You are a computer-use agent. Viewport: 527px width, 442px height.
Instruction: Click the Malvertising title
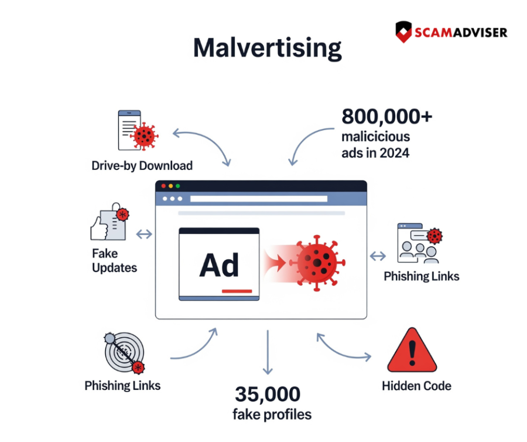tap(268, 49)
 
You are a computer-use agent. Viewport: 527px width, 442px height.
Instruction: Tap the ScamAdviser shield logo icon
tap(403, 32)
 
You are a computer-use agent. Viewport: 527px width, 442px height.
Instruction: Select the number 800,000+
tap(387, 117)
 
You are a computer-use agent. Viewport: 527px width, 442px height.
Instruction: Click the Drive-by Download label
tap(142, 166)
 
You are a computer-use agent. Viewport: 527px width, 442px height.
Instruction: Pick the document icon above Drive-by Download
tap(138, 130)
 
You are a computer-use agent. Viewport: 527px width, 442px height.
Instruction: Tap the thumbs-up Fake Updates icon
tap(109, 222)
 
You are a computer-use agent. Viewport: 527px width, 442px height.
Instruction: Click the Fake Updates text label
tap(115, 261)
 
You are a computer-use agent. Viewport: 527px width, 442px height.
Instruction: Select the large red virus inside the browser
tap(317, 263)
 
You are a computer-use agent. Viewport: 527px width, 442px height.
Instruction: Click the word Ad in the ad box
tap(219, 265)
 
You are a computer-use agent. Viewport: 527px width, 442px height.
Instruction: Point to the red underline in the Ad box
tap(237, 291)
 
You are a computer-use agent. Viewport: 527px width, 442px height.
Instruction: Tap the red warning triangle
tap(412, 351)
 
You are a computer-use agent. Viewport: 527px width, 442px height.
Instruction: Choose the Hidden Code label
tap(416, 386)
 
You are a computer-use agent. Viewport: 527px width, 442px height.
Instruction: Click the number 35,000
tap(268, 395)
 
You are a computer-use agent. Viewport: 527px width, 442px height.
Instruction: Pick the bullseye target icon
tap(124, 352)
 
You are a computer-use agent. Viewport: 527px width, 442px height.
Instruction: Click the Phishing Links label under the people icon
tap(422, 276)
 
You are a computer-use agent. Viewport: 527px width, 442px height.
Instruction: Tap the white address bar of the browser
tap(259, 199)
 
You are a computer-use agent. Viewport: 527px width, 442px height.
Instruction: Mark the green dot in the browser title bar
tap(178, 186)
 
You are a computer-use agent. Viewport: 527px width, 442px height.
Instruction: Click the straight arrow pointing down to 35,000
tap(268, 352)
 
